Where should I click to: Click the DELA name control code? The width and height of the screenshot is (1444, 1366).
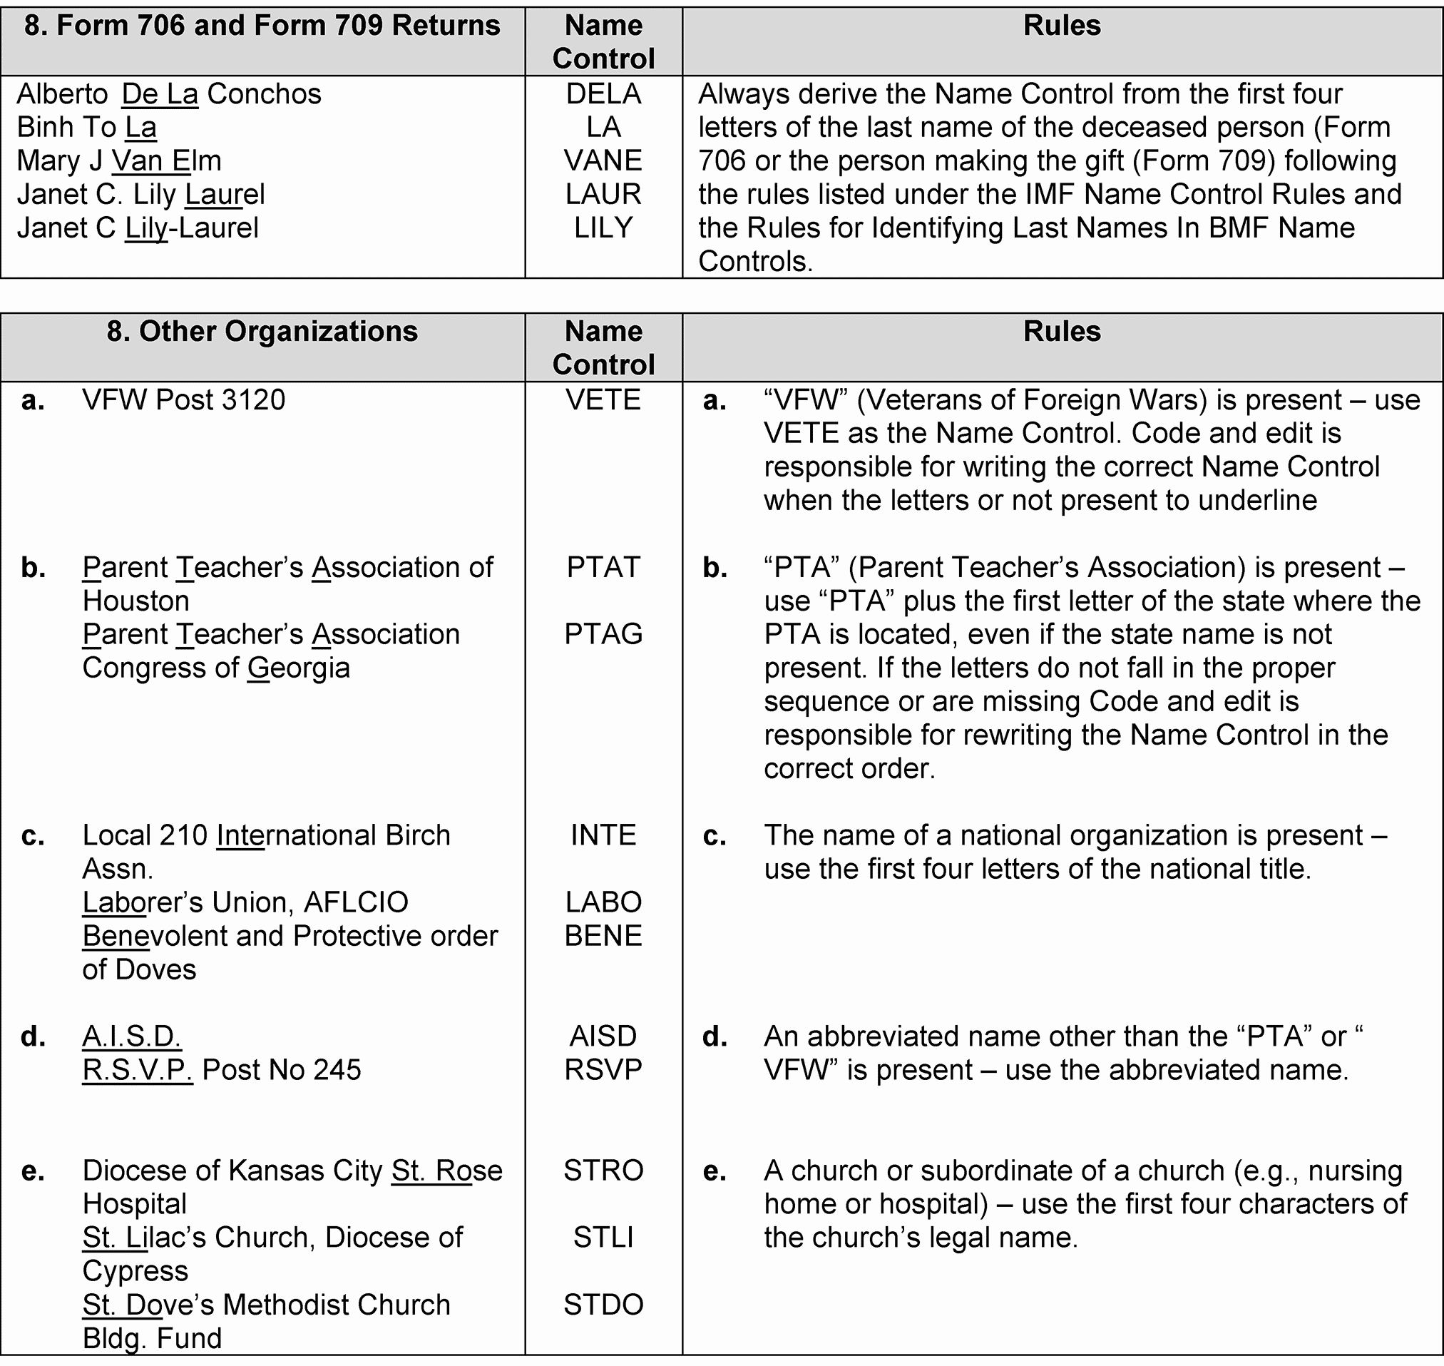(x=603, y=94)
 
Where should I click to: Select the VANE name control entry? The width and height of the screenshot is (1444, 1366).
(x=603, y=161)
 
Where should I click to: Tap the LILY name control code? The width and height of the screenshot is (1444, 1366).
(x=603, y=228)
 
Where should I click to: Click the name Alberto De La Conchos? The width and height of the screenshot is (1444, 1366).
(x=169, y=94)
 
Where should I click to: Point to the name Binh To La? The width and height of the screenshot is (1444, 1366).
(x=86, y=128)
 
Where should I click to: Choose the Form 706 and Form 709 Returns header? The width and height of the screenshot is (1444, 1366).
(x=262, y=26)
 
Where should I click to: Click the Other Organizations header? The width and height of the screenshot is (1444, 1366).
(x=262, y=332)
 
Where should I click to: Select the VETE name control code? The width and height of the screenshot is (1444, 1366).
(x=603, y=399)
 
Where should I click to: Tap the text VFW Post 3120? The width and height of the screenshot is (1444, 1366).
(x=183, y=399)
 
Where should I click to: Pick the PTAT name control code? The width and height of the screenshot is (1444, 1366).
(x=603, y=567)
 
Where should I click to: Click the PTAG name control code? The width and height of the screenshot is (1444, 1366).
(x=603, y=634)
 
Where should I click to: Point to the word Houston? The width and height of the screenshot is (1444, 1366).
(x=136, y=601)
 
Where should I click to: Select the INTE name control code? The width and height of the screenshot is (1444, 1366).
(x=603, y=835)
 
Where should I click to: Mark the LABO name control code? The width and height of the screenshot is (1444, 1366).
(x=603, y=902)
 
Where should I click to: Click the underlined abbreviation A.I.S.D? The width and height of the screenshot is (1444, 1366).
(x=132, y=1036)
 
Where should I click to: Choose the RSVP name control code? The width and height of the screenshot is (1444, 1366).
(x=603, y=1070)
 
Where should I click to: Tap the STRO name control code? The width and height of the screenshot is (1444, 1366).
(x=603, y=1170)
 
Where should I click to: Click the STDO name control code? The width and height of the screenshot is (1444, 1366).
(x=603, y=1304)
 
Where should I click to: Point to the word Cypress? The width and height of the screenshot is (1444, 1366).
(x=135, y=1270)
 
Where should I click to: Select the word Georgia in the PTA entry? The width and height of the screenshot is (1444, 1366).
(x=298, y=668)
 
